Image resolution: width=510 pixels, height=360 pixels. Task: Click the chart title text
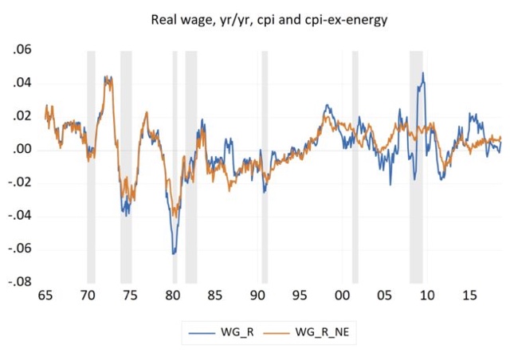[x=269, y=19]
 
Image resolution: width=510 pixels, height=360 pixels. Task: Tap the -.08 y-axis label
[x=20, y=282]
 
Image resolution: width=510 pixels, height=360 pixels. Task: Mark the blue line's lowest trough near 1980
[x=174, y=253]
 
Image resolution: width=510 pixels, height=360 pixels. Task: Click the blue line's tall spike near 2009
[x=423, y=74]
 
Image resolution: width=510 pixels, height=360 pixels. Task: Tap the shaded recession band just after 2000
[x=355, y=159]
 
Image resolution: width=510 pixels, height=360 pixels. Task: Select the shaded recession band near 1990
[x=265, y=159]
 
